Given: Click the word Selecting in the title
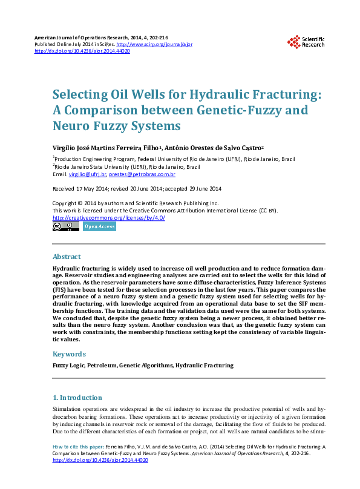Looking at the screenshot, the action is tap(75, 95).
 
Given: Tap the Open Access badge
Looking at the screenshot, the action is tap(99, 226).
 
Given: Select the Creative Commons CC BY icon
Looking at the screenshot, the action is tap(66, 226).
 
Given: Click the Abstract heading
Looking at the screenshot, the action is tap(67, 257).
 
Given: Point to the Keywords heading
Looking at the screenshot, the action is tap(70, 353).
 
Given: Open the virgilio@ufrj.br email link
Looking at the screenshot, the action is tap(88, 174).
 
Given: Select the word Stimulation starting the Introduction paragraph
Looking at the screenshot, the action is tap(68, 410).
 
